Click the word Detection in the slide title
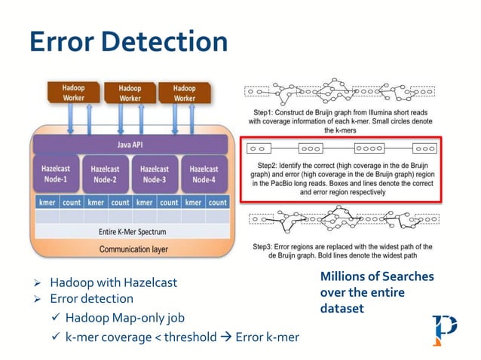164,41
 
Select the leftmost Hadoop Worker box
75,93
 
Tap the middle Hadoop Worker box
130,93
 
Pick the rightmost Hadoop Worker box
184,93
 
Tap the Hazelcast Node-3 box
155,174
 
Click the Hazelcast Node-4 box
204,174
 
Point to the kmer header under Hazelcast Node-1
47,202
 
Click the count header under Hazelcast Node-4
217,202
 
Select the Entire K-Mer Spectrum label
131,231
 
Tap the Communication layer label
131,249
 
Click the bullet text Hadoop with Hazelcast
114,283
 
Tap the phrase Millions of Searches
377,276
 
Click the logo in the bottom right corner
444,330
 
